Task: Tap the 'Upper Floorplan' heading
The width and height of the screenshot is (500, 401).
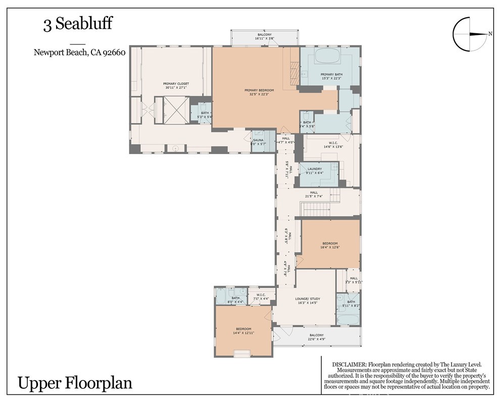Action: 75,382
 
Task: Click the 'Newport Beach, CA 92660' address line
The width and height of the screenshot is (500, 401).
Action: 79,52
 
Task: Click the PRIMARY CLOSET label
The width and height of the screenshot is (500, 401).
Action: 176,85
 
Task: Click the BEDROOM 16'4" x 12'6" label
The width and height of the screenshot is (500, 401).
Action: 330,245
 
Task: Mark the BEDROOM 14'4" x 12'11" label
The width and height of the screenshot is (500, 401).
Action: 242,331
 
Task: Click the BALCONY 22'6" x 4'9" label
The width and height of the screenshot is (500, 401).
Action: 317,337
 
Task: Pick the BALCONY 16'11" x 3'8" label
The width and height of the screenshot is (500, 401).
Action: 265,36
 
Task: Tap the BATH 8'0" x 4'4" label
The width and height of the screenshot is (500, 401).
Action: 235,299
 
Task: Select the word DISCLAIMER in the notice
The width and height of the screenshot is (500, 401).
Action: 349,364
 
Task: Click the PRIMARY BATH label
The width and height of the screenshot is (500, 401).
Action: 331,76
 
